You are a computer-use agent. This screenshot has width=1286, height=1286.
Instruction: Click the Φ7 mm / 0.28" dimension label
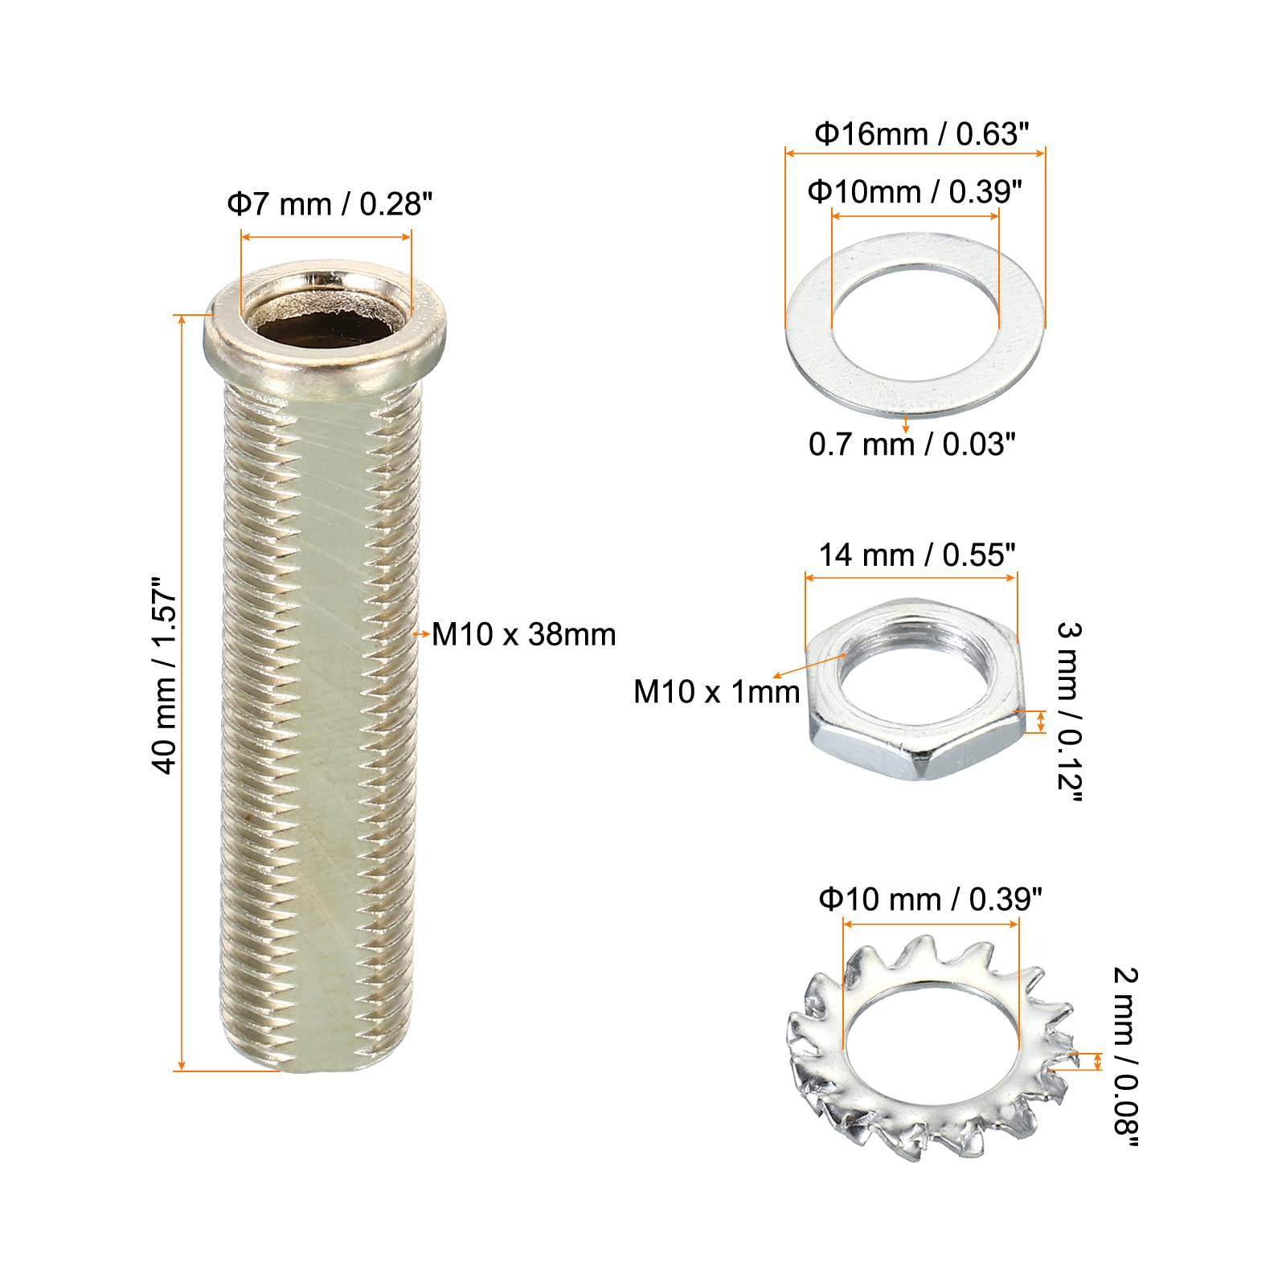pos(330,204)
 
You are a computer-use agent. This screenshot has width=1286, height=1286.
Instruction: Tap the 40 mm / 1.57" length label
pos(165,675)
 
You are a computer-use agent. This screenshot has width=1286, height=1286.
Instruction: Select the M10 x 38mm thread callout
pos(524,634)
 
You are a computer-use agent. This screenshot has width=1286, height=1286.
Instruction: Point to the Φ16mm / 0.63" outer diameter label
pos(922,133)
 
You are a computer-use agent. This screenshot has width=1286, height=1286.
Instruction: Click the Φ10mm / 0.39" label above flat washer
pos(915,192)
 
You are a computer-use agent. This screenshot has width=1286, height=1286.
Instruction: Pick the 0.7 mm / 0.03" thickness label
pos(912,444)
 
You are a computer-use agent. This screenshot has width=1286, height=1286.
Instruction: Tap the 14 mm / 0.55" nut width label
pos(917,555)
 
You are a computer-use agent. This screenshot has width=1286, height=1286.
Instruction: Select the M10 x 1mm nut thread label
pos(717,691)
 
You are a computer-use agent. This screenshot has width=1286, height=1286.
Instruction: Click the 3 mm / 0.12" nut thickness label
pos(1070,712)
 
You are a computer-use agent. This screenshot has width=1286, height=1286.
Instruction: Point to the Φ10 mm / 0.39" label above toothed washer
pos(931,899)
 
